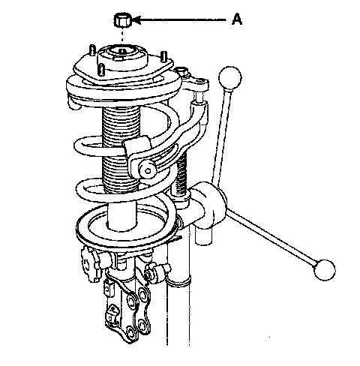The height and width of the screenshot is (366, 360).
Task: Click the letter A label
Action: click(x=237, y=19)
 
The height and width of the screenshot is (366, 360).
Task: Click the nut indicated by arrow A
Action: click(x=123, y=20)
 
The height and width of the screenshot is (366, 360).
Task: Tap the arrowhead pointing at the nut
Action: click(x=137, y=19)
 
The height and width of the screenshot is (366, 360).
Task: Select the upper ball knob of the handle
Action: click(x=230, y=78)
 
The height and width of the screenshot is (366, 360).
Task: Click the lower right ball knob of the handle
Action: click(x=325, y=270)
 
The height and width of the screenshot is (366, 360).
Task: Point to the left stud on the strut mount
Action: click(x=92, y=50)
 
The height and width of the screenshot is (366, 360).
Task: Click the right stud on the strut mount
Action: click(x=164, y=57)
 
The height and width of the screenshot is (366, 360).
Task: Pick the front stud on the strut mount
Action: click(x=101, y=70)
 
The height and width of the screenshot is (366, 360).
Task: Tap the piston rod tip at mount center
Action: click(x=122, y=52)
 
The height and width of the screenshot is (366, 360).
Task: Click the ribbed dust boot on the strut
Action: click(x=121, y=149)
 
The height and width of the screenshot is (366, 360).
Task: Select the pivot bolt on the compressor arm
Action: click(x=148, y=171)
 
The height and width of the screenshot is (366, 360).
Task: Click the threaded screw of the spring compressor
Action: click(x=181, y=175)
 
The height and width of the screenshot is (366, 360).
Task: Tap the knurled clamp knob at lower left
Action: click(x=91, y=264)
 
